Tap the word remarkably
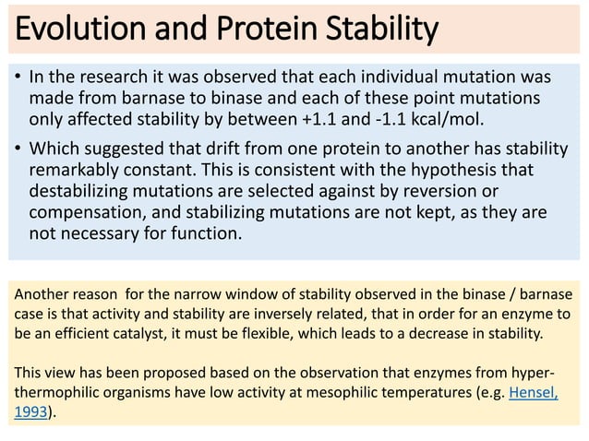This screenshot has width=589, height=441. tap(72, 172)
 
